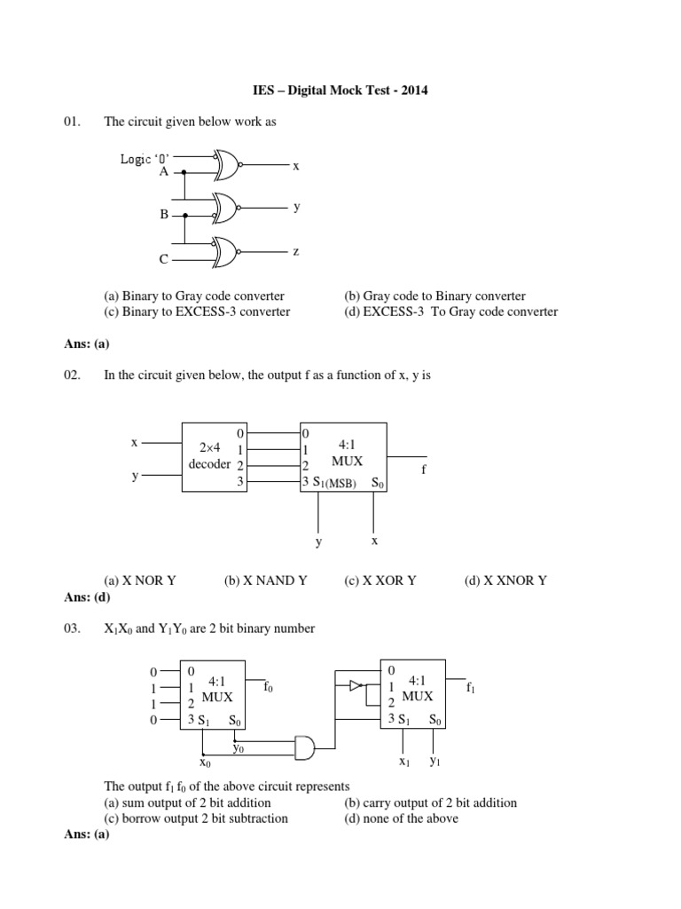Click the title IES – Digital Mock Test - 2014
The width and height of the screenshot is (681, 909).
pos(340,91)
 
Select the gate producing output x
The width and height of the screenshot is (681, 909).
pos(226,165)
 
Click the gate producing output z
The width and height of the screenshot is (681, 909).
pos(226,253)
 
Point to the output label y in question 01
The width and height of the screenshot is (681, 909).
pos(297,206)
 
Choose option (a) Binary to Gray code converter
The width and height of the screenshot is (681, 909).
pos(194,296)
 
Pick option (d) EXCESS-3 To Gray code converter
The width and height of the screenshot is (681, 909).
pos(451,312)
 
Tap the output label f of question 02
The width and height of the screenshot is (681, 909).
pos(423,469)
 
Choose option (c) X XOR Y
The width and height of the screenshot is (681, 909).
pos(380,581)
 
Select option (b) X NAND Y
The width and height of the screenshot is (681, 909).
pos(265,581)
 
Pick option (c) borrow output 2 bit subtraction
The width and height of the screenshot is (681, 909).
pos(196,818)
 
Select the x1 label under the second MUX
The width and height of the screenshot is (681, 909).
pos(403,762)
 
